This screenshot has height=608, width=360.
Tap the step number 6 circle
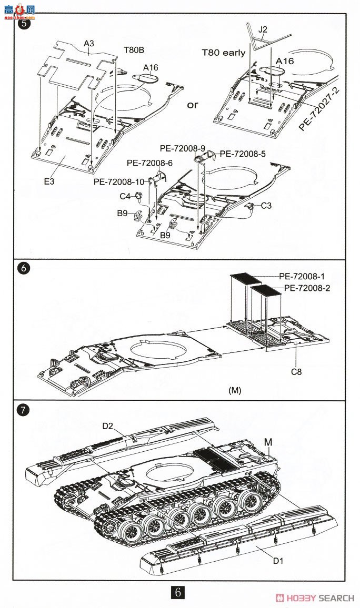coord(24,268)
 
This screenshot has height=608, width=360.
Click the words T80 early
coord(224,52)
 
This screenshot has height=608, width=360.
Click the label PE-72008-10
coord(119,181)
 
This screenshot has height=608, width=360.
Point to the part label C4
coord(125,196)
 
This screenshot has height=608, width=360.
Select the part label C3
coord(266,205)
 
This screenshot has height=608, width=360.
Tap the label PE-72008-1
coord(302,276)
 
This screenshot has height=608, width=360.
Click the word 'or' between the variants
coord(193,105)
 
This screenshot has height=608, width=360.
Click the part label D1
coord(278,560)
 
